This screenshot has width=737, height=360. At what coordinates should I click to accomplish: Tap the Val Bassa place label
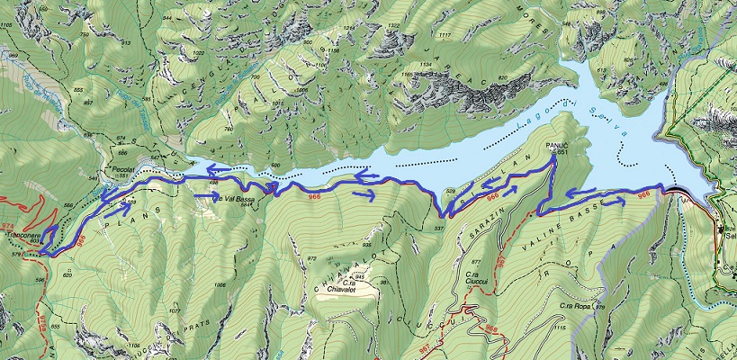(x=230, y=198)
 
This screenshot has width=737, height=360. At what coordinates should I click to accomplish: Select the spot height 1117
(x=444, y=35)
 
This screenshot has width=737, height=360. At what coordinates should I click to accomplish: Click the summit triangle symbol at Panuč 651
(x=553, y=153)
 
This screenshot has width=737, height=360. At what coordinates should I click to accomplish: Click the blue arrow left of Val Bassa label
(x=202, y=193)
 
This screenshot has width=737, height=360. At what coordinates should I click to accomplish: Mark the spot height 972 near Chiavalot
(x=312, y=258)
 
